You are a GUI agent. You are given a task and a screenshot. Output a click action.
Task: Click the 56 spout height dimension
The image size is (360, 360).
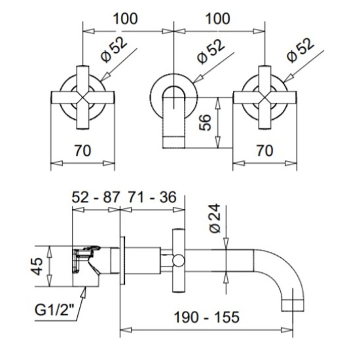(x=205, y=122)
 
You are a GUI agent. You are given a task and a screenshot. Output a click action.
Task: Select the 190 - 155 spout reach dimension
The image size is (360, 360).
(x=207, y=317)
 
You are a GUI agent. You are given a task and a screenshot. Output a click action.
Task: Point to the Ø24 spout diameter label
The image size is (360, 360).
(x=215, y=219)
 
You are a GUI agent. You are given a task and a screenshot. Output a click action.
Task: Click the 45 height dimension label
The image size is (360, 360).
(x=37, y=266)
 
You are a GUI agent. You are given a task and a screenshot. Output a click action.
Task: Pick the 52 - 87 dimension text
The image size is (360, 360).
(x=96, y=197)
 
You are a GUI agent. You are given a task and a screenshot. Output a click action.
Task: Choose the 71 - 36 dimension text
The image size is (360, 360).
(x=152, y=197)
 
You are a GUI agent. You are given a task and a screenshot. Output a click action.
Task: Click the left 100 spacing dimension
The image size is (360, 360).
(x=126, y=19)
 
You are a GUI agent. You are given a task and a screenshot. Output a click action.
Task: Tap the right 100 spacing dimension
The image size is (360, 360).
(x=217, y=19)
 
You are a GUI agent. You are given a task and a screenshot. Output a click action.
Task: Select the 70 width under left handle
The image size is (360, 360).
(x=82, y=151)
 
